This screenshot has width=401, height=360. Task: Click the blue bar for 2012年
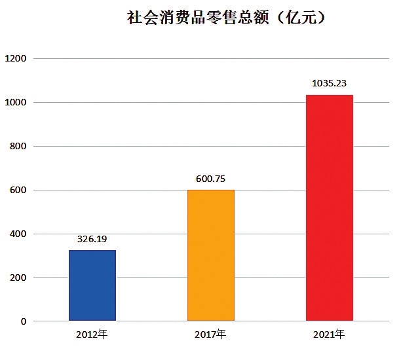[x=92, y=285]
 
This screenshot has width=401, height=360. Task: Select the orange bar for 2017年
[x=211, y=255]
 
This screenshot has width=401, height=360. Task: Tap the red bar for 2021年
[x=330, y=208]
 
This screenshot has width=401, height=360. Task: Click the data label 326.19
[x=92, y=239]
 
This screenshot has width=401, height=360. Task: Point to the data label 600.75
[x=211, y=178]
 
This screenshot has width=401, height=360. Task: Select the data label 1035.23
[x=330, y=83]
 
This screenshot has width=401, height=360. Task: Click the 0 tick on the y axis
[x=22, y=321]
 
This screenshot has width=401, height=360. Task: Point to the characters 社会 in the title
[x=143, y=18]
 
